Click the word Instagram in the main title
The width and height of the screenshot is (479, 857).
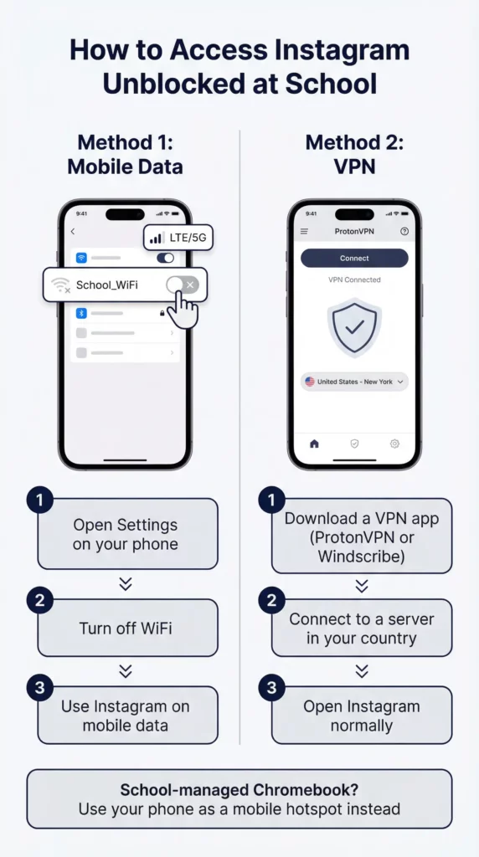click(x=335, y=50)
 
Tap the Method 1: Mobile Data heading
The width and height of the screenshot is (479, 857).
click(x=125, y=154)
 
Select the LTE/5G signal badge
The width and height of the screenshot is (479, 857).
click(x=177, y=239)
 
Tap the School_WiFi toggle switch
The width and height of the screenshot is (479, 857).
click(x=182, y=285)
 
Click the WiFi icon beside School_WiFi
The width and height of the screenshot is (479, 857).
click(x=59, y=285)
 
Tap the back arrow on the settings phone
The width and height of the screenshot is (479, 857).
click(x=73, y=232)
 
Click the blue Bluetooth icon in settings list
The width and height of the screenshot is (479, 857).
click(x=81, y=313)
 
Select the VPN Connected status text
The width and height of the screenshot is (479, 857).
click(x=353, y=280)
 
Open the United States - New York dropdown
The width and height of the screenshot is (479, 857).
click(x=354, y=382)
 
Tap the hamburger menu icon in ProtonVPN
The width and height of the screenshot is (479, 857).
click(x=304, y=231)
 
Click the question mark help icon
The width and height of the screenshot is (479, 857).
click(x=404, y=231)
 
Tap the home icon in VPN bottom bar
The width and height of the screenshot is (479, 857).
click(x=314, y=444)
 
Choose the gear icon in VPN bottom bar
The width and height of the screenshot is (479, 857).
click(x=394, y=444)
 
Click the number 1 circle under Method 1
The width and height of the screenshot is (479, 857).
click(x=39, y=501)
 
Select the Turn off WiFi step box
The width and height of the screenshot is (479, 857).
click(x=127, y=629)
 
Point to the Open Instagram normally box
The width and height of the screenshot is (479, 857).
click(x=361, y=716)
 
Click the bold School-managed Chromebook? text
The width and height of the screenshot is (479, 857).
click(x=239, y=791)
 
